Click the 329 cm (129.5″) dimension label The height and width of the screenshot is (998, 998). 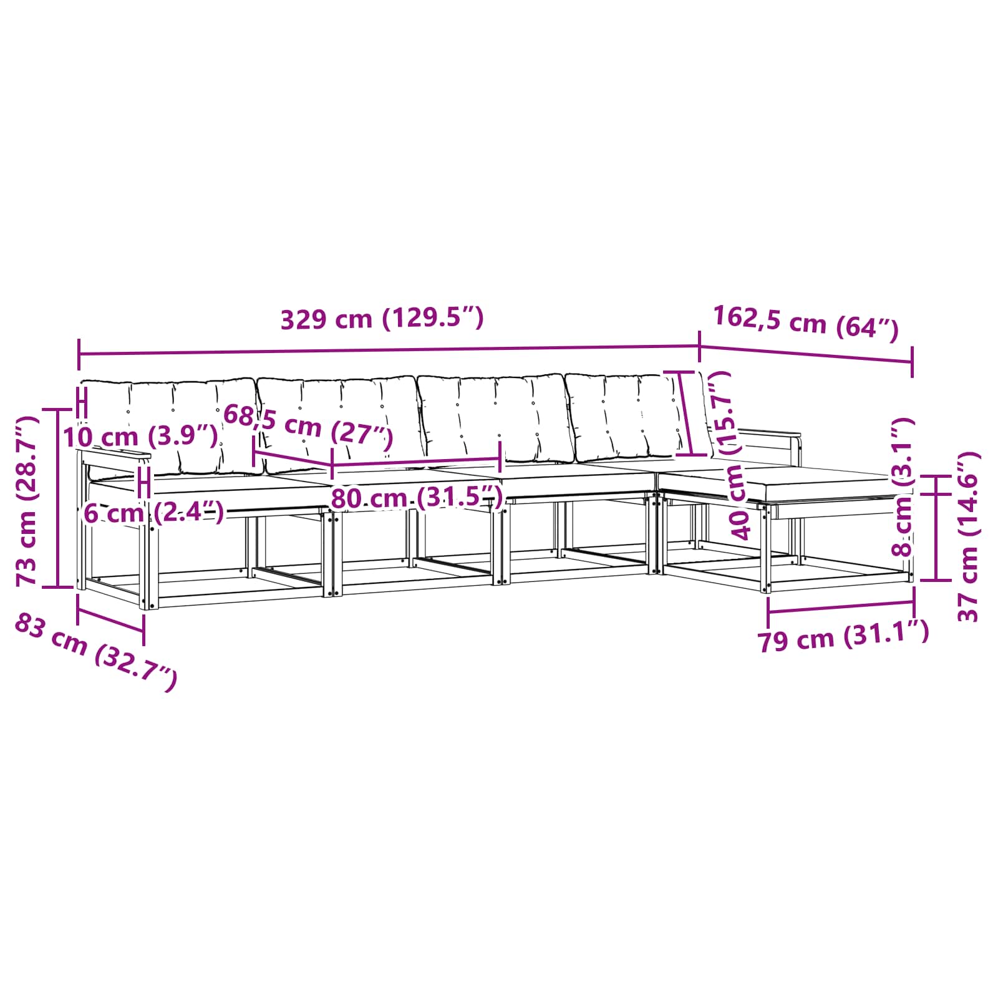click(x=382, y=319)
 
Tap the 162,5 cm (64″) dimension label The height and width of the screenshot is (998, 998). click(x=805, y=322)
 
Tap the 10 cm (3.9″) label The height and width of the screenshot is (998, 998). click(x=140, y=436)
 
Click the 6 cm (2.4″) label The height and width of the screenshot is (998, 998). click(x=153, y=513)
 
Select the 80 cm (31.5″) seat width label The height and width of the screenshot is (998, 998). click(x=416, y=498)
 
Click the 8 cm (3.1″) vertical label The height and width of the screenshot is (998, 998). click(x=904, y=487)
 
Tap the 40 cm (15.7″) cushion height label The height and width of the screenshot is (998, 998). click(x=734, y=455)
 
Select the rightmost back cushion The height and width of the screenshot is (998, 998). click(x=624, y=415)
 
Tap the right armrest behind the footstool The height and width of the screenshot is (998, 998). click(x=770, y=434)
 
